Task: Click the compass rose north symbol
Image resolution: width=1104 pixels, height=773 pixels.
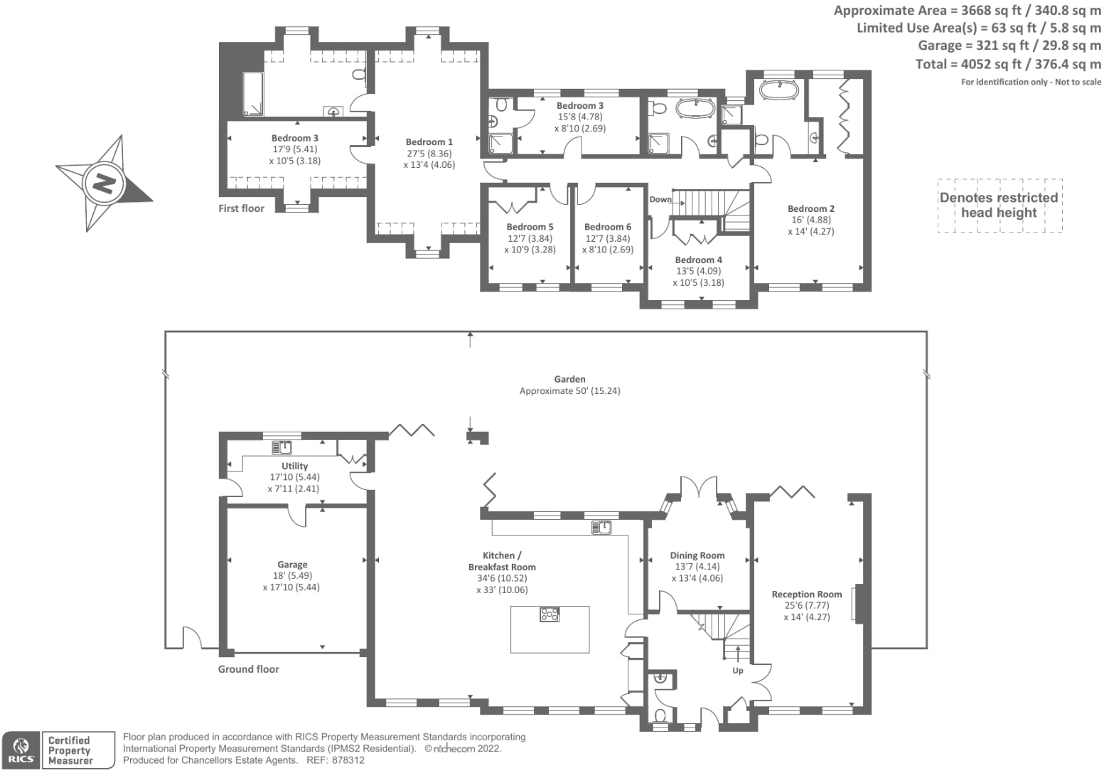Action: click(x=104, y=183)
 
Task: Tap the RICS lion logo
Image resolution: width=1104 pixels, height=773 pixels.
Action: click(x=20, y=750)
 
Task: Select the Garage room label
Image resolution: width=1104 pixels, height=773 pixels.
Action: click(x=292, y=565)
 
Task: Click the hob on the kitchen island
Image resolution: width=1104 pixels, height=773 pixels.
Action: click(x=550, y=614)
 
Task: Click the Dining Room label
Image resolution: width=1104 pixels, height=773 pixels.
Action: click(x=697, y=555)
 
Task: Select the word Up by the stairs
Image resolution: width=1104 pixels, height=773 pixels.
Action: click(x=738, y=671)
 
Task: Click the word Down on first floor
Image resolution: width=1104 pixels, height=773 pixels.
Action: click(x=660, y=200)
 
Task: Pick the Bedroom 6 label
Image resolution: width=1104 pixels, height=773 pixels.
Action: click(x=607, y=227)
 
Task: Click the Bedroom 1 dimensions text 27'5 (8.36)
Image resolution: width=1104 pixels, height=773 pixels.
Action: click(x=429, y=154)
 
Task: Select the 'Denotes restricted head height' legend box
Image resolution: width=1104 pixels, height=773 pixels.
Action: click(x=999, y=205)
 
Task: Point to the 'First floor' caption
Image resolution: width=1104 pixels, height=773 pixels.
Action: click(x=241, y=208)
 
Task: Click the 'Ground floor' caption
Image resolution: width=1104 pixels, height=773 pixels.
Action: click(x=248, y=669)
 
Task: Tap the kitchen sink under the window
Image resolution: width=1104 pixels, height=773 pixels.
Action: click(x=603, y=527)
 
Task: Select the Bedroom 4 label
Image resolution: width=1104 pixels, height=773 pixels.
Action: click(x=698, y=260)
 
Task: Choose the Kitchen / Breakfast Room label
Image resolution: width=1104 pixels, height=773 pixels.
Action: click(x=502, y=561)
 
